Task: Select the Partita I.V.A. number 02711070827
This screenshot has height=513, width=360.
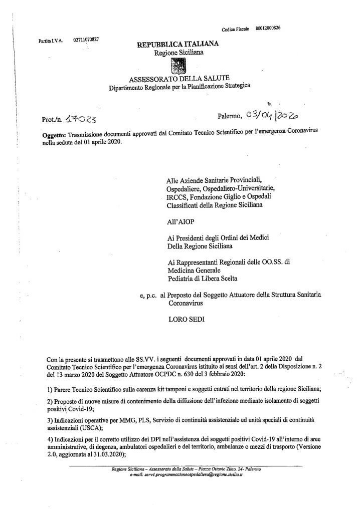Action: (x=86, y=40)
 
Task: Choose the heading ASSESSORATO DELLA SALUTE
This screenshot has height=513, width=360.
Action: (x=179, y=79)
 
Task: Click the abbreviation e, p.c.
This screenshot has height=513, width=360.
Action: (x=149, y=295)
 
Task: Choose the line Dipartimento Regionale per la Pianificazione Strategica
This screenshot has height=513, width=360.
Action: (x=179, y=87)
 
